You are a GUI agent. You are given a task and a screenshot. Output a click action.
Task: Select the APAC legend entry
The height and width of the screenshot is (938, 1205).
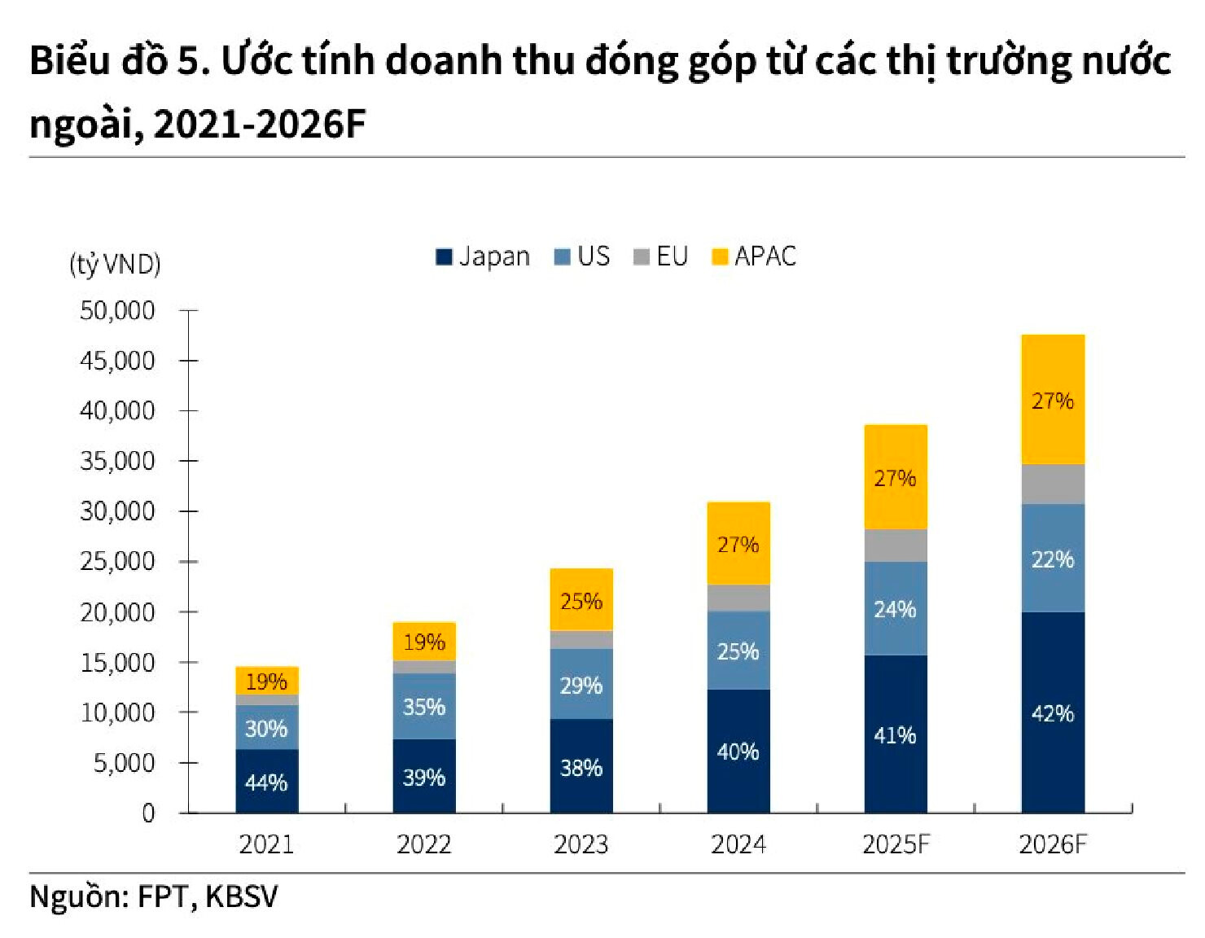[754, 256]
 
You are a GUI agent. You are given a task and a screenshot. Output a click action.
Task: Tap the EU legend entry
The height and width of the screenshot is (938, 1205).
[661, 256]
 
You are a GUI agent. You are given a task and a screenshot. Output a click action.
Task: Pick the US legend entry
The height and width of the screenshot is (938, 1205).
[582, 256]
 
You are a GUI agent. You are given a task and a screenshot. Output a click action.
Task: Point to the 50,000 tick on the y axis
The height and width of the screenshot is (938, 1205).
[117, 310]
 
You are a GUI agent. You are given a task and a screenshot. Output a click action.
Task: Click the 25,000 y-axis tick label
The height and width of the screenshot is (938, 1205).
[117, 561]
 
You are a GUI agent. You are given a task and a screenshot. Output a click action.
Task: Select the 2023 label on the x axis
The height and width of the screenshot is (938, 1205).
[581, 844]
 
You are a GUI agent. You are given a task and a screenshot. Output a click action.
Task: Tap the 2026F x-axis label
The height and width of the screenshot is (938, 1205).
[1052, 844]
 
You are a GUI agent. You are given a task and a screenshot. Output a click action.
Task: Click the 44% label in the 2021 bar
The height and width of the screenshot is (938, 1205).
[266, 782]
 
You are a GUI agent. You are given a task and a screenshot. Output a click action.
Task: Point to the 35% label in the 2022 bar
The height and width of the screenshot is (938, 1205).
[423, 707]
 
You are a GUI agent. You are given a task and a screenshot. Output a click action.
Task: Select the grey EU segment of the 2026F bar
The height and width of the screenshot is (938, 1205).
[1053, 484]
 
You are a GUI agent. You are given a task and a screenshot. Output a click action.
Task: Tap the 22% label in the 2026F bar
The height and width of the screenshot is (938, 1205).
[1053, 559]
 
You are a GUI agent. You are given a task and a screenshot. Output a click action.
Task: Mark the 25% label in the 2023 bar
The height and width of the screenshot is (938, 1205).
[581, 602]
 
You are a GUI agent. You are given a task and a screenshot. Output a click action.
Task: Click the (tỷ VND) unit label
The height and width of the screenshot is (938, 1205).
[115, 264]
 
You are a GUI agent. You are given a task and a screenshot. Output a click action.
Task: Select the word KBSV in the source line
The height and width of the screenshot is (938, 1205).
[241, 896]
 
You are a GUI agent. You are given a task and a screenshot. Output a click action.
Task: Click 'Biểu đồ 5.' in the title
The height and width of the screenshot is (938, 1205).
[120, 61]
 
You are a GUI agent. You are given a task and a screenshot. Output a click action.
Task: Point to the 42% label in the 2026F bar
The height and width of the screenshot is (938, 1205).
[1053, 713]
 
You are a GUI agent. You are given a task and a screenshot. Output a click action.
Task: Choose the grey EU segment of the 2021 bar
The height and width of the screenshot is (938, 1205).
[267, 700]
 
